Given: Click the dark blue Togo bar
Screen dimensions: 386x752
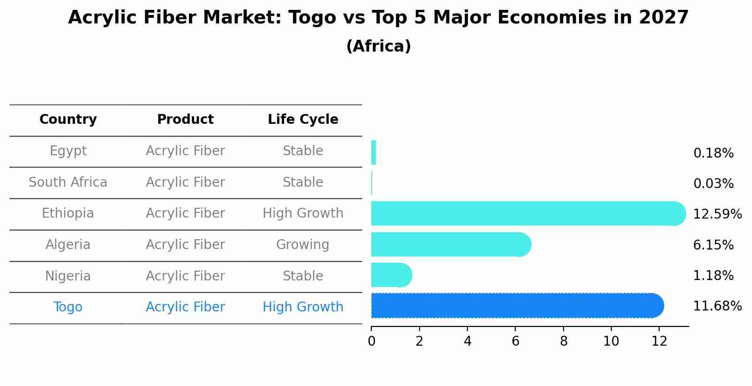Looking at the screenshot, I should [x=516, y=306].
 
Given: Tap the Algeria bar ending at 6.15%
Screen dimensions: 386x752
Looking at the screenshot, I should [x=450, y=244].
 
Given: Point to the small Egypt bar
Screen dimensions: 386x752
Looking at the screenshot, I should [x=374, y=152].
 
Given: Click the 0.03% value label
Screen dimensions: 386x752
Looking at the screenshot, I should [x=713, y=184].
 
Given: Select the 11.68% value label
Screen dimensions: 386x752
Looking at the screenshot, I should [x=717, y=306].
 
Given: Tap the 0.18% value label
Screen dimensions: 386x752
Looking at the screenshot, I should [x=713, y=153].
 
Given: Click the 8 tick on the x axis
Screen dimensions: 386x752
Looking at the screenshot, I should [x=564, y=341].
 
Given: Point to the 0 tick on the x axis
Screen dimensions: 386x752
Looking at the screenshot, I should [x=371, y=341].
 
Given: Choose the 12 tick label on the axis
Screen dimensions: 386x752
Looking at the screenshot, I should [x=659, y=341].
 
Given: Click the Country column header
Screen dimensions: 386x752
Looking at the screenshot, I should [x=68, y=120].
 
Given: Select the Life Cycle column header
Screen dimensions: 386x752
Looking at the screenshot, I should [x=303, y=120].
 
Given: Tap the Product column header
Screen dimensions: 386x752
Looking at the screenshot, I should [x=185, y=120].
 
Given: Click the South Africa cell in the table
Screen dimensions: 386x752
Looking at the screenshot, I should [x=68, y=182].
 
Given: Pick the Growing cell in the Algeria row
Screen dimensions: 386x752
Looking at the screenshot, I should [x=302, y=245].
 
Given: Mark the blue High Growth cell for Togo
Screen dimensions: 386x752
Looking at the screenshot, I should [x=303, y=307].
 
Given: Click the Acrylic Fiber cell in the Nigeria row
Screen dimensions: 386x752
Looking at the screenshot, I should [x=185, y=276].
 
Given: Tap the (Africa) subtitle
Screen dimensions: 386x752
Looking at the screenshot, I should [x=378, y=46].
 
